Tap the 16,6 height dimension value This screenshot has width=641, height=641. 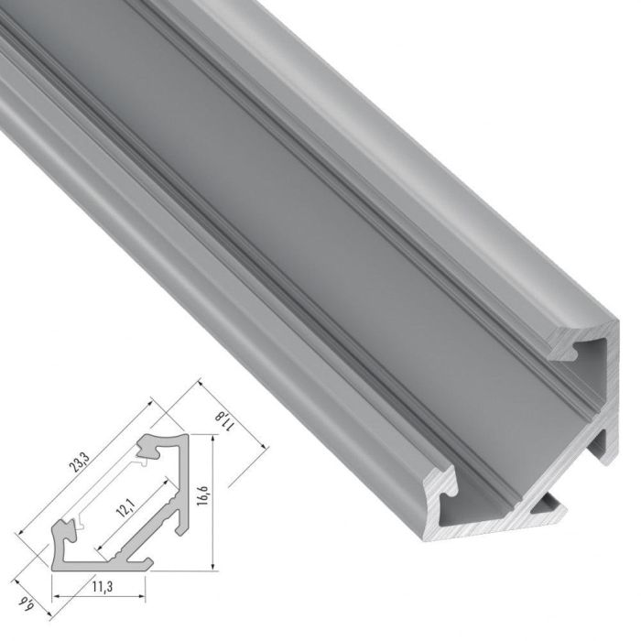click(x=202, y=500)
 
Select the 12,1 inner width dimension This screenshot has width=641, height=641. click(x=120, y=509)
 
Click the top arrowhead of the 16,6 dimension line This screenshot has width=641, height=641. click(x=212, y=439)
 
